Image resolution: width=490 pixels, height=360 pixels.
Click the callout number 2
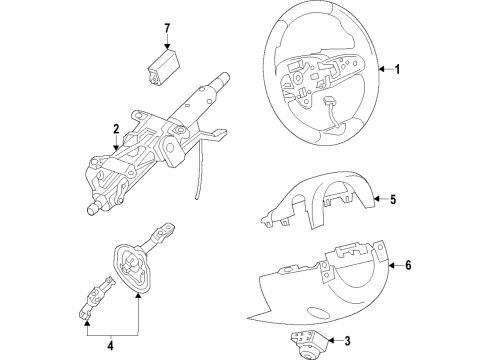click(116, 128)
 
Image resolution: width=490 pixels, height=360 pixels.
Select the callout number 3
click(347, 342)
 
